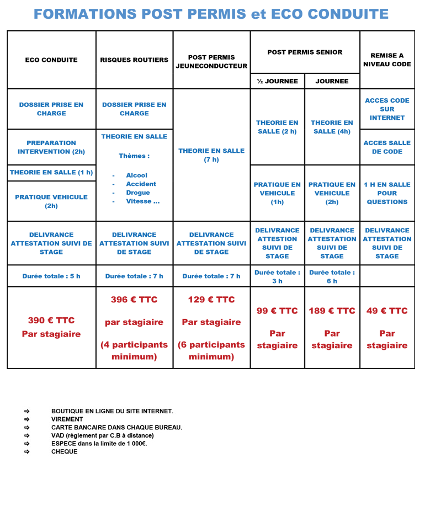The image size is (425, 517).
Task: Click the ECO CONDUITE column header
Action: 51,60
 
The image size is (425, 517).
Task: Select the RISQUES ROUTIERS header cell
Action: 134,60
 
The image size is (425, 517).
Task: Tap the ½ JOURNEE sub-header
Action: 277,81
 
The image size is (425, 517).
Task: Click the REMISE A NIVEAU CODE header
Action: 387,60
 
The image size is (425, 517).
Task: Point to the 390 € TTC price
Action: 51,320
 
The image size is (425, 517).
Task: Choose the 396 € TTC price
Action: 134,300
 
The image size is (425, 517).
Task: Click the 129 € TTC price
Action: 211,300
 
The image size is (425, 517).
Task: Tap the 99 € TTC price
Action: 277,311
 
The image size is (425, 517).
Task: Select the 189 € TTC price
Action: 332,311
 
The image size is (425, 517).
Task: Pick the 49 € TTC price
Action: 387,311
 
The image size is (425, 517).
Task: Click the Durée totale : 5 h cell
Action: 51,276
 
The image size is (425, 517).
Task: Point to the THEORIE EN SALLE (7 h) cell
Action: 211,155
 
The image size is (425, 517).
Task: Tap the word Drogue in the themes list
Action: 138,193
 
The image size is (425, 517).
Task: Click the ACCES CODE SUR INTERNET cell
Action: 387,109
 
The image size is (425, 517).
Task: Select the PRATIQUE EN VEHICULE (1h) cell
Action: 277,193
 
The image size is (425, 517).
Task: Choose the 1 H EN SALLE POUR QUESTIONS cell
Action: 387,193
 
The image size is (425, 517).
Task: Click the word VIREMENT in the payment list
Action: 67,419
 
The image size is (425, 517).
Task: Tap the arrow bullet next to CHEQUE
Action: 26,451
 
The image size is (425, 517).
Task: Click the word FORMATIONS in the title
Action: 85,14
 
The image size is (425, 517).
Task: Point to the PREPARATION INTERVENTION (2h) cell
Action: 51,147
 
